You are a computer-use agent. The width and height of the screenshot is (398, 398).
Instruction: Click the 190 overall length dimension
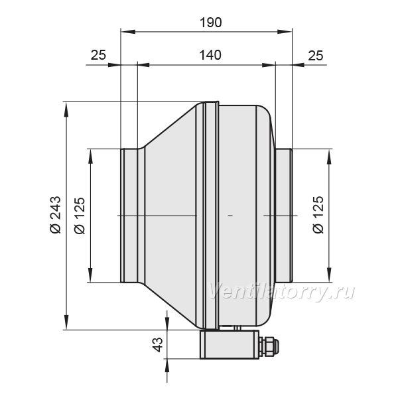click(x=211, y=23)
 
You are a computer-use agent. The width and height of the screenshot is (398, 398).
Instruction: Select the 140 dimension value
click(x=210, y=55)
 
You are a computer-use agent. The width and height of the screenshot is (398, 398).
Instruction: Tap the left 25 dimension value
click(x=98, y=55)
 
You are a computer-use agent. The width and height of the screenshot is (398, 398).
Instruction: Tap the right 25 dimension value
click(x=316, y=55)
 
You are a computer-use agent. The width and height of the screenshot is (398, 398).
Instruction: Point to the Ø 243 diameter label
click(x=56, y=214)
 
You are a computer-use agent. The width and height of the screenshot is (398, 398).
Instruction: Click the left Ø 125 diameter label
click(x=80, y=215)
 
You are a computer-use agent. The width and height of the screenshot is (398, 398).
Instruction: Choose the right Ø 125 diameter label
click(x=318, y=214)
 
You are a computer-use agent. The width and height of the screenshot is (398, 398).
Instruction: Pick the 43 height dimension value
click(x=158, y=344)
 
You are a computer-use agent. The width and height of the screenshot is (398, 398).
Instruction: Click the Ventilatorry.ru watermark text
click(x=281, y=291)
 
